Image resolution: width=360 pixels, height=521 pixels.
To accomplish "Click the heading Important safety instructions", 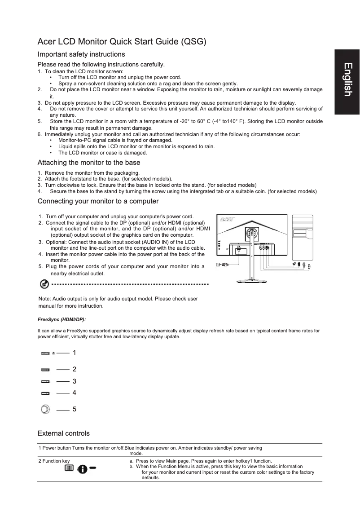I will pos(81,54).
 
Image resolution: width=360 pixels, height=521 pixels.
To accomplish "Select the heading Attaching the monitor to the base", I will pos(89,163).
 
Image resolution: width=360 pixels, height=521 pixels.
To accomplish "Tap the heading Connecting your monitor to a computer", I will pos(98,201).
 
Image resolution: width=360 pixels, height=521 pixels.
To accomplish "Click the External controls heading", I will pos(63,433).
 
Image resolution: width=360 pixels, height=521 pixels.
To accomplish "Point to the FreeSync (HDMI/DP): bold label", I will pos(61,319).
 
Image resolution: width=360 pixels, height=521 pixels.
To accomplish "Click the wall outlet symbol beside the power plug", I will pos(218,265).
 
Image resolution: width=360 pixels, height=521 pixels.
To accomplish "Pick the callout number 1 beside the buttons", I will pos(75,353).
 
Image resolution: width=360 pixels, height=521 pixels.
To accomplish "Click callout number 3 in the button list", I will pos(75,381).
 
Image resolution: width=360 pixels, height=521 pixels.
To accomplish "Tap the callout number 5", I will pos(75,410).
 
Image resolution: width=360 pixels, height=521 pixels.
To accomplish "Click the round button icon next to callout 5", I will pos(45,410).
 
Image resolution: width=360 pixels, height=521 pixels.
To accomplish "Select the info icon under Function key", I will pos(83,468).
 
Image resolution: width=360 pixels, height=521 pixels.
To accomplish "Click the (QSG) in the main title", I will pos(193,42).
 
